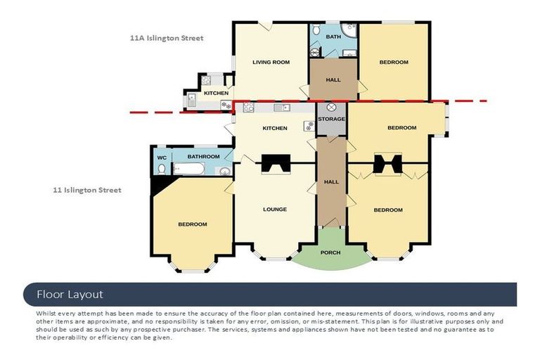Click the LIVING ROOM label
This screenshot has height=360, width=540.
pyautogui.click(x=271, y=63)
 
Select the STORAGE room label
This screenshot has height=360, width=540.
pyautogui.click(x=331, y=119)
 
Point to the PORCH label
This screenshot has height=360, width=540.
pyautogui.click(x=330, y=252)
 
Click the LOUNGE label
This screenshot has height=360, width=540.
pyautogui.click(x=274, y=210)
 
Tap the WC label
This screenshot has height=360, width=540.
pyautogui.click(x=161, y=157)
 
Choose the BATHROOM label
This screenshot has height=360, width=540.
pyautogui.click(x=203, y=157)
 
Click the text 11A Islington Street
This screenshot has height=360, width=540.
pyautogui.click(x=167, y=38)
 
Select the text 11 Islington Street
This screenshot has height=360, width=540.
pyautogui.click(x=87, y=190)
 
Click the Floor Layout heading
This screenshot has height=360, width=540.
pyautogui.click(x=70, y=294)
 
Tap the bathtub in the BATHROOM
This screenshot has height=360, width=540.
pyautogui.click(x=188, y=169)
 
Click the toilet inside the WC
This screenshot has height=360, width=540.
pyautogui.click(x=161, y=169)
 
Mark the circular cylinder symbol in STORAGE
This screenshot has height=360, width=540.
pyautogui.click(x=331, y=108)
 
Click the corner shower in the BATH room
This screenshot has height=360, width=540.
pyautogui.click(x=349, y=30)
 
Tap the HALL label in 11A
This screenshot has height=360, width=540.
pyautogui.click(x=333, y=79)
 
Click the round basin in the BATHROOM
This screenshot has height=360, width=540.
pyautogui.click(x=224, y=171)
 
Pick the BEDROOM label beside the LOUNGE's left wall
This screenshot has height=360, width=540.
pyautogui.click(x=192, y=224)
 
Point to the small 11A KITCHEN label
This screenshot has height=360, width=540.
pyautogui.click(x=216, y=94)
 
